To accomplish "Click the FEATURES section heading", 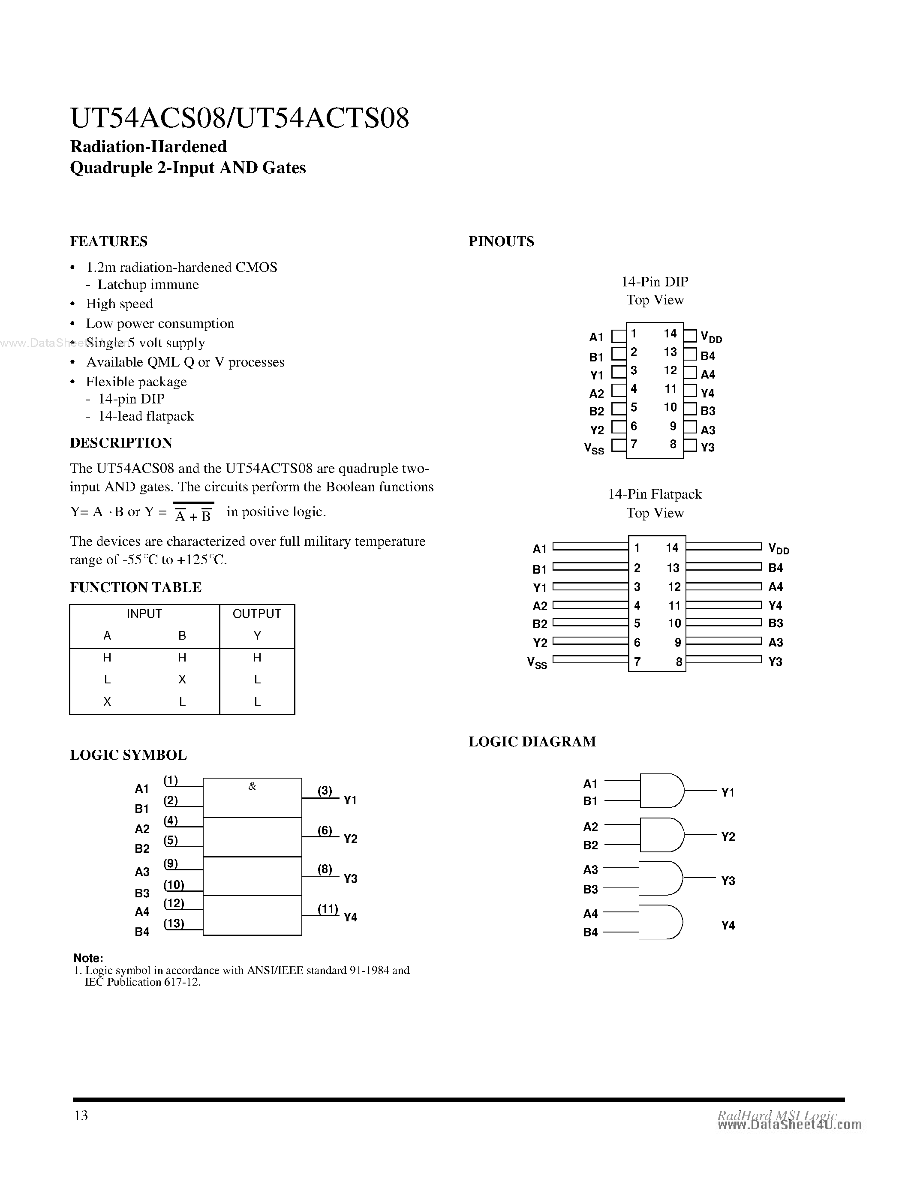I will pos(108,241).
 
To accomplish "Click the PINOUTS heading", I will pos(501,241).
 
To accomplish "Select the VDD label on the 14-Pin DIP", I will pos(711,337).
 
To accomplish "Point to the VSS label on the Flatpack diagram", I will pos(537,662).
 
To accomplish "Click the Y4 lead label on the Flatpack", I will pos(775,605).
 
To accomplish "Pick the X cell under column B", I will pos(182,679).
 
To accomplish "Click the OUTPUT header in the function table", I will pos(256,614).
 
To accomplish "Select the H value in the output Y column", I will pos(257,657).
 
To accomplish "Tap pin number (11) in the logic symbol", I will pos(328,908).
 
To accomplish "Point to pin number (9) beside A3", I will pos(171,863).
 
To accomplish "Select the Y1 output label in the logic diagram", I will pos(728,792).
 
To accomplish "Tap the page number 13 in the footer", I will pos(81,1115).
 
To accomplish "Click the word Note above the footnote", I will pos(88,958).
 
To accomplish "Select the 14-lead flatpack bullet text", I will pos(146,416).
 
